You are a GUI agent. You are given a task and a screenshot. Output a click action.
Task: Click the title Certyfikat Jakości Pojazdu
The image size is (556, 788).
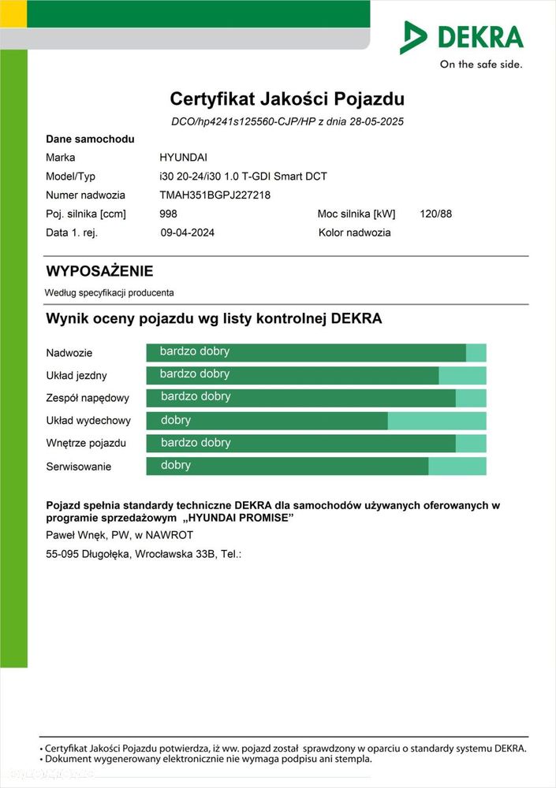coord(287,99)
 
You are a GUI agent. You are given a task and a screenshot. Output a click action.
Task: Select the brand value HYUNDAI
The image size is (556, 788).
coord(183,158)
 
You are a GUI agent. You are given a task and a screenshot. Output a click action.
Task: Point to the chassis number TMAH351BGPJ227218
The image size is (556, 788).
coord(215,195)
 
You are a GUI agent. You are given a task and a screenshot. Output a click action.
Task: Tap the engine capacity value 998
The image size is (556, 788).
coord(168,214)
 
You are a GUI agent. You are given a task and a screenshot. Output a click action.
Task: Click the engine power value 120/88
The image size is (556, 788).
coord(436,214)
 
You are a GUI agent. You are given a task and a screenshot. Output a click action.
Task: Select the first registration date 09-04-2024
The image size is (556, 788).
coord(188,232)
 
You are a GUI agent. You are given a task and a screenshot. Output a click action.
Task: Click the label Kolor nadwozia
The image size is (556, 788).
coord(354,232)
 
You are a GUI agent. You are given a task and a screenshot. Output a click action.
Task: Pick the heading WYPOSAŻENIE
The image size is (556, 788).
coord(99,271)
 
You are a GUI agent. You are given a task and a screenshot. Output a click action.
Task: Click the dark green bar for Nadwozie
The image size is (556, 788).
coord(306,352)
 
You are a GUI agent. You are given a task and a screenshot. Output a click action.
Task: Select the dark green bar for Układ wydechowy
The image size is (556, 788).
coord(267,421)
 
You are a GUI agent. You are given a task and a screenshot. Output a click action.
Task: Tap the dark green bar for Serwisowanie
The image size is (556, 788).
coord(287,466)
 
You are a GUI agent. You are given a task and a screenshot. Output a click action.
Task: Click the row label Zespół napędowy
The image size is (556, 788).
coord(88,398)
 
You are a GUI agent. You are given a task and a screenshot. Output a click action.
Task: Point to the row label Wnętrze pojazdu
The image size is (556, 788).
coord(86,443)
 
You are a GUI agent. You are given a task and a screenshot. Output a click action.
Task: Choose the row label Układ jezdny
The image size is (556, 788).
coord(76,375)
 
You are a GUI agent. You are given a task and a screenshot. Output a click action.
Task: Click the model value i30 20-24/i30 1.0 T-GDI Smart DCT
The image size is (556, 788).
coord(243,177)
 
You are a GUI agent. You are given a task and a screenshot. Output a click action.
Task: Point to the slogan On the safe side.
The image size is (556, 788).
coord(481,65)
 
